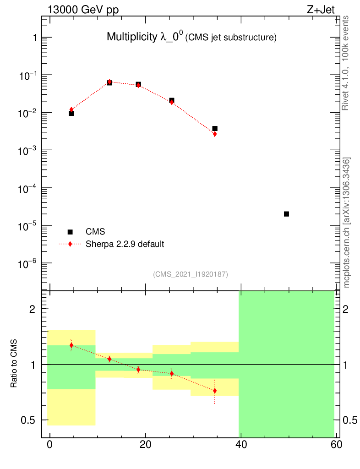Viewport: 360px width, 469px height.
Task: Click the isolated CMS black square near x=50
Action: pos(286,214)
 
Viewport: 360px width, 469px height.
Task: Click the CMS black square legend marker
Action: pos(71,232)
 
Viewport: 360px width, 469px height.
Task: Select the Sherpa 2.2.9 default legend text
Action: pos(125,244)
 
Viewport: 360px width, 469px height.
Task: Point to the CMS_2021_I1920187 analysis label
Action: pos(191,274)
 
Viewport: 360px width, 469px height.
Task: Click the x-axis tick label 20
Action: pos(145,445)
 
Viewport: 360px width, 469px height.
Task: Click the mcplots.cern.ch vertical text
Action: pos(347,223)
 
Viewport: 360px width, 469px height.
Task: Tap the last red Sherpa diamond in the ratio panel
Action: pos(214,391)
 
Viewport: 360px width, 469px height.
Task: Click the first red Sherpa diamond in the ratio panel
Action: pos(71,345)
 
